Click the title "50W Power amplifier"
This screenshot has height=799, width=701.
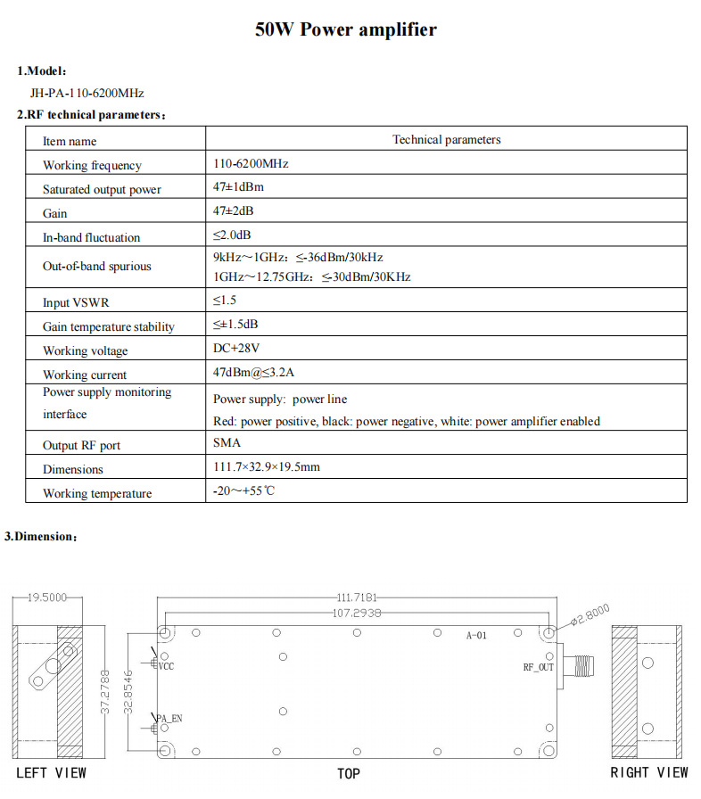pyautogui.click(x=346, y=29)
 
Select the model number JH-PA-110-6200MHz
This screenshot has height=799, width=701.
pyautogui.click(x=87, y=92)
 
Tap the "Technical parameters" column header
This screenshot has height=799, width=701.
pyautogui.click(x=446, y=140)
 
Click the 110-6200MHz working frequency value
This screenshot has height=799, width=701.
pyautogui.click(x=251, y=164)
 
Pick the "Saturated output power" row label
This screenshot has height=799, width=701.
pyautogui.click(x=102, y=189)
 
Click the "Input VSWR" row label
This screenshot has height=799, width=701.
pyautogui.click(x=76, y=302)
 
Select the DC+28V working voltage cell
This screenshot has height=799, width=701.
pyautogui.click(x=236, y=350)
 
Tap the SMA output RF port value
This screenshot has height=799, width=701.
pyautogui.click(x=227, y=442)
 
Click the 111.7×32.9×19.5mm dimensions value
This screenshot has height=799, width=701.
pyautogui.click(x=267, y=467)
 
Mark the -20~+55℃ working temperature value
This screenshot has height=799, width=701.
pyautogui.click(x=244, y=491)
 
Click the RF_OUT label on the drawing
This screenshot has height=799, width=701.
pyautogui.click(x=538, y=666)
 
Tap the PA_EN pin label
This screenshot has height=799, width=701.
pyautogui.click(x=170, y=718)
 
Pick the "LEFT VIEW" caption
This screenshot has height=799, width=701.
pyautogui.click(x=51, y=772)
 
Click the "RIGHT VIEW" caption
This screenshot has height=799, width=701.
pyautogui.click(x=649, y=772)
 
